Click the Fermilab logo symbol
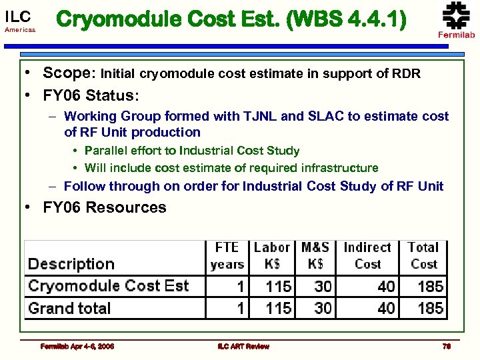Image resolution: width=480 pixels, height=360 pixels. pos(457,15)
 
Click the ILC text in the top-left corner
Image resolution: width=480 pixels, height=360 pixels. pos(17,16)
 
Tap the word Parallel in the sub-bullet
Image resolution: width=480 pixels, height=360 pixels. pos(107,151)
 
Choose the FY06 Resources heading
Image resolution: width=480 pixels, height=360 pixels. pos(105,207)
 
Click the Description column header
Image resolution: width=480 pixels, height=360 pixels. pos(71,264)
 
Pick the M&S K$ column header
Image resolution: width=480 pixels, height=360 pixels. pos(315,255)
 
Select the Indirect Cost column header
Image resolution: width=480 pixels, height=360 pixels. pos(367,255)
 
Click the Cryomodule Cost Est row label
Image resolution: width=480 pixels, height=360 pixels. pos(108,286)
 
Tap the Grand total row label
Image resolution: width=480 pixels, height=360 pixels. pos(69,308)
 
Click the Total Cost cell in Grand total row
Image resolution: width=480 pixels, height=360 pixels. pos(430,308)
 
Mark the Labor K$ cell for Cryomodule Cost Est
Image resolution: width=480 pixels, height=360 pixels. pos(278,287)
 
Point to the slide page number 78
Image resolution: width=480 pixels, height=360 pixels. pos(447,346)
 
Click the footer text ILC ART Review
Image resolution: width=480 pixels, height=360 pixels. pos(243,346)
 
